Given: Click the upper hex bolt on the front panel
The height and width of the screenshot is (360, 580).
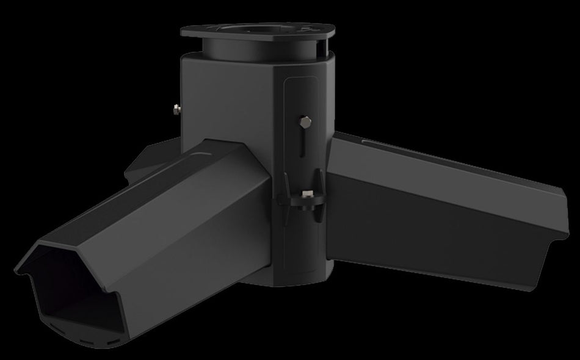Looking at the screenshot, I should (x=305, y=122).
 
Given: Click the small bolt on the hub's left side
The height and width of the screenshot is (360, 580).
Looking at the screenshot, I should (x=176, y=110).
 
